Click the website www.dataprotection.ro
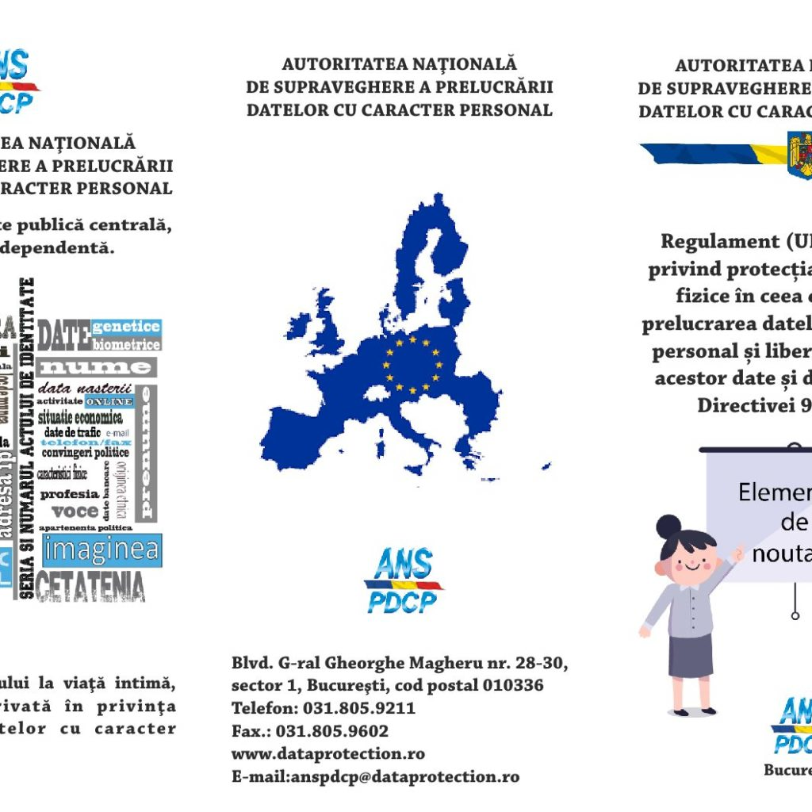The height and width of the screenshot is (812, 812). point(327,754)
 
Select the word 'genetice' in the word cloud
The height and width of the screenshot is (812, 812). point(126,327)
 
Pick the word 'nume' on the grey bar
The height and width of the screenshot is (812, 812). point(96,367)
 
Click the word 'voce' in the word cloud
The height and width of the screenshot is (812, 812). point(75,511)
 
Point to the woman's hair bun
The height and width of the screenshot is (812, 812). point(668,525)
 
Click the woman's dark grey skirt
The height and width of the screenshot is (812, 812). point(690,654)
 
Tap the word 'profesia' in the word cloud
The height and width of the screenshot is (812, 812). point(70,493)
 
